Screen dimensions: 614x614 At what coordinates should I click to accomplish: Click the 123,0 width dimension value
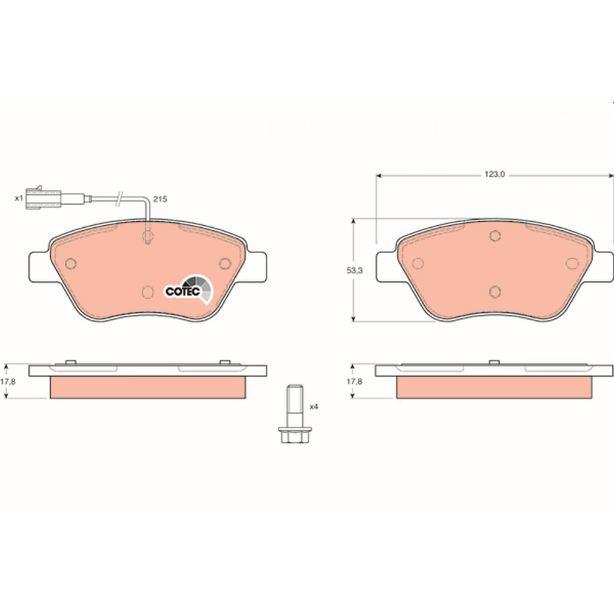pos(495,174)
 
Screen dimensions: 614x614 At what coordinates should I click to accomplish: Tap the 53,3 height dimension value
pos(355,270)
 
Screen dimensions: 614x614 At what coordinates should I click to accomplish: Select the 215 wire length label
pos(159,199)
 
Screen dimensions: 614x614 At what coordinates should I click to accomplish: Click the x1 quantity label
pos(19,199)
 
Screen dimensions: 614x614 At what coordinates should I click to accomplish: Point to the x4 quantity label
pos(314,407)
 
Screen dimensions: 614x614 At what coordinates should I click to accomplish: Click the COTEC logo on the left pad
pos(188,290)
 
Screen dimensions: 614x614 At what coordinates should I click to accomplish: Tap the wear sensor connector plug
pos(43,198)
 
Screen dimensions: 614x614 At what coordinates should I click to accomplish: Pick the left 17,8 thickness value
pos(8,381)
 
